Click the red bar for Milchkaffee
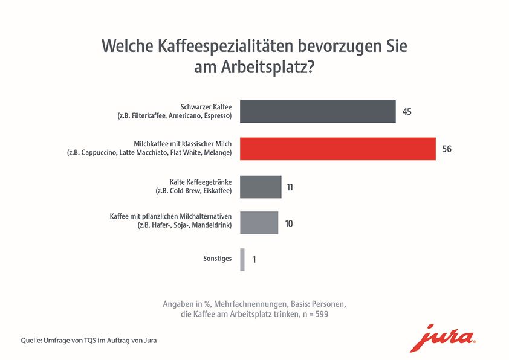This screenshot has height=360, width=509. (x=338, y=149)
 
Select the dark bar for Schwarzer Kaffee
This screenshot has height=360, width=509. (x=318, y=112)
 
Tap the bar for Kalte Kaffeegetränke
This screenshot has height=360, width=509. (x=261, y=187)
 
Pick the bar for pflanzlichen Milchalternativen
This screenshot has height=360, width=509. (x=259, y=223)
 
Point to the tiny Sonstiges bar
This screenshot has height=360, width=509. (x=242, y=259)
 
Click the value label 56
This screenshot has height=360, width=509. (x=447, y=149)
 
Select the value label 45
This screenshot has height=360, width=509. (x=407, y=112)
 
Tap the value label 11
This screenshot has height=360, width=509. (x=290, y=187)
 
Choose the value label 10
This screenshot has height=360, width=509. (x=288, y=223)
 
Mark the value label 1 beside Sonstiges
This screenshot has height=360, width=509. (x=254, y=260)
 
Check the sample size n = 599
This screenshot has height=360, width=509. (x=315, y=315)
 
